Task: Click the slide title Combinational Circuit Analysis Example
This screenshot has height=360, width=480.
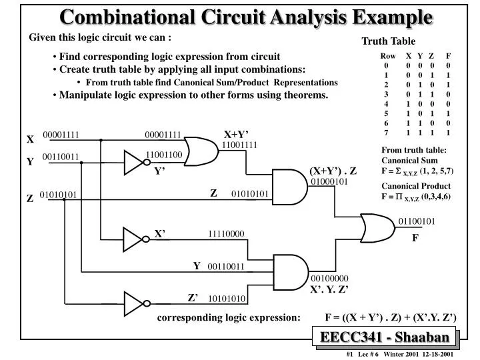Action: [x=246, y=17]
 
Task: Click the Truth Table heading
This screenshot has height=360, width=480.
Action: [x=388, y=41]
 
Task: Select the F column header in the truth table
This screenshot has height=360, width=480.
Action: [x=449, y=56]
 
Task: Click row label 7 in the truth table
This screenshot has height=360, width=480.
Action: [x=386, y=133]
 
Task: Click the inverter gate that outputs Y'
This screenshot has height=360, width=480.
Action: [x=135, y=161]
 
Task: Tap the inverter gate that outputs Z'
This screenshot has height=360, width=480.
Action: [x=135, y=303]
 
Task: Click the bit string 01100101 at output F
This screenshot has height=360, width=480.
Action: [x=417, y=221]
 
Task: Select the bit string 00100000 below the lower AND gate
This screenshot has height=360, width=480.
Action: [x=329, y=278]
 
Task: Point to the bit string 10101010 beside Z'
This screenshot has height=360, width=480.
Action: [x=227, y=299]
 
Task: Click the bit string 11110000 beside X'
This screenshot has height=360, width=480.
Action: [x=227, y=234]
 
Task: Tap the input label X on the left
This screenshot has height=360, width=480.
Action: [x=30, y=140]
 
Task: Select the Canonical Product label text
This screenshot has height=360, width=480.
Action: [x=416, y=186]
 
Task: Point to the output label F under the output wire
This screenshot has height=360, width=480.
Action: [x=414, y=236]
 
